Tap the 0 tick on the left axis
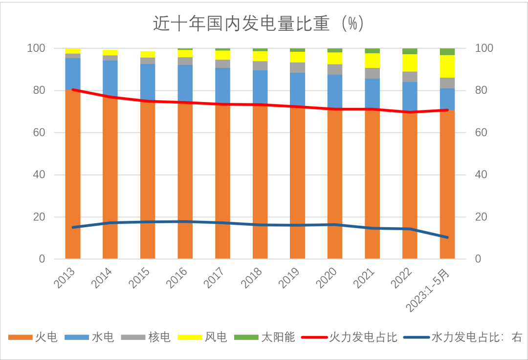point(42,259)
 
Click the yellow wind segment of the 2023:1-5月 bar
point(447,66)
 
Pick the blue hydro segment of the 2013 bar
point(73,73)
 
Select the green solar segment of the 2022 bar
point(410,51)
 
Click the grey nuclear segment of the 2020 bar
point(335,69)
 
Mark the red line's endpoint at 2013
point(73,89)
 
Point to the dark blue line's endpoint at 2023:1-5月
point(447,237)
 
